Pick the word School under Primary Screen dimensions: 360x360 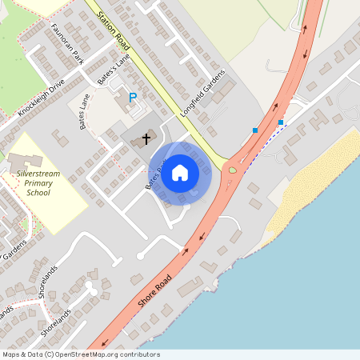[38, 193]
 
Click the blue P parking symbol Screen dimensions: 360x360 [133, 98]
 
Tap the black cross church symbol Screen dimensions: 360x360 [146, 138]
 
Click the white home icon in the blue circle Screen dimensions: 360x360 [180, 173]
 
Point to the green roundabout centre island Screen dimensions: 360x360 [233, 169]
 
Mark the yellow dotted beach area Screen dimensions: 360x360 [316, 179]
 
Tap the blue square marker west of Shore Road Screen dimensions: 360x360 [255, 130]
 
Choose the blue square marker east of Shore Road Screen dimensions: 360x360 [280, 122]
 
